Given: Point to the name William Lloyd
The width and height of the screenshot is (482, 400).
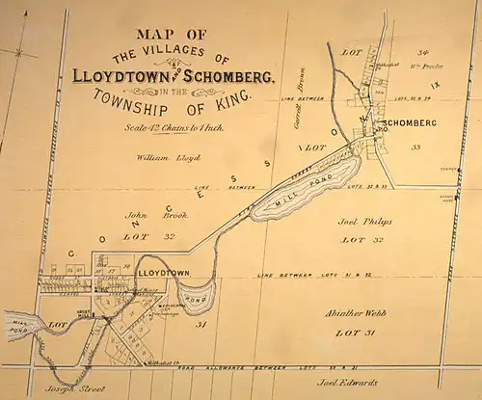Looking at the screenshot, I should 168,156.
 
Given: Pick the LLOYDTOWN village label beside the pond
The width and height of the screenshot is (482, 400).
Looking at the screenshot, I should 164,275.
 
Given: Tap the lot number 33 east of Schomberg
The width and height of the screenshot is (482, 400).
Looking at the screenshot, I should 416,147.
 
